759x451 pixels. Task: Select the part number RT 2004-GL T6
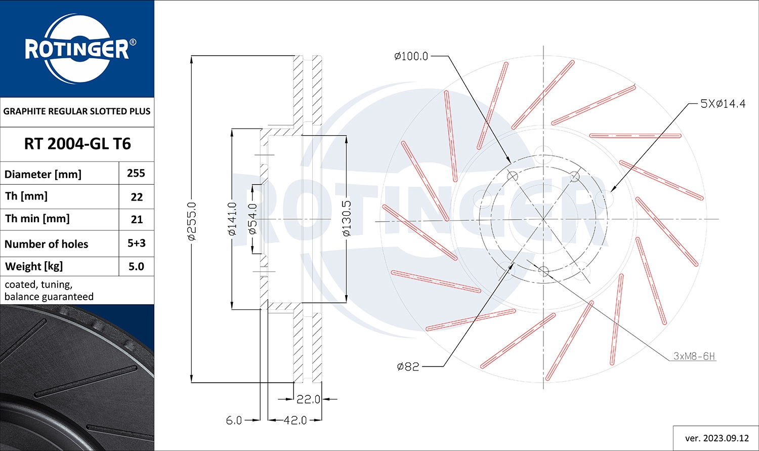tap(77, 144)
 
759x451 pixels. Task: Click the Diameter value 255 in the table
tap(136, 173)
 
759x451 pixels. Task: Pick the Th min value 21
tap(137, 219)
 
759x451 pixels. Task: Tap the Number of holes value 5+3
tap(137, 243)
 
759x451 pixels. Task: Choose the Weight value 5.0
tap(136, 266)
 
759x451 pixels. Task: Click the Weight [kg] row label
tap(34, 267)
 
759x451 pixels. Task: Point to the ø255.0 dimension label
tap(192, 221)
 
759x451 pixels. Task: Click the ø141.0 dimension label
tap(232, 219)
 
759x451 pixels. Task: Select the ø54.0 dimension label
tap(253, 219)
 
